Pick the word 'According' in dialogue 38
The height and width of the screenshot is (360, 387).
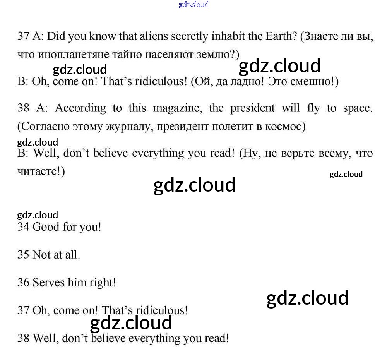pos(80,108)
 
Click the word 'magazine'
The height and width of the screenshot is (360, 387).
pos(177,108)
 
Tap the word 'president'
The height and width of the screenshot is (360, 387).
pos(252,108)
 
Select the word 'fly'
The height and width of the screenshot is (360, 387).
pos(313,108)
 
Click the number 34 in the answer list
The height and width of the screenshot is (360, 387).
pos(23,227)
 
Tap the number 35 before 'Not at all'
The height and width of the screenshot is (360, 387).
pos(23,255)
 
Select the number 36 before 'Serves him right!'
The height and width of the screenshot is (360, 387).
pos(23,283)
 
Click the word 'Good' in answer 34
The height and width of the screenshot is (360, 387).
pos(46,227)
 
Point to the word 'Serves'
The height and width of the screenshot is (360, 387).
pos(49,283)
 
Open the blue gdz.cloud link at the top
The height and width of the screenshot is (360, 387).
pos(193,4)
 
